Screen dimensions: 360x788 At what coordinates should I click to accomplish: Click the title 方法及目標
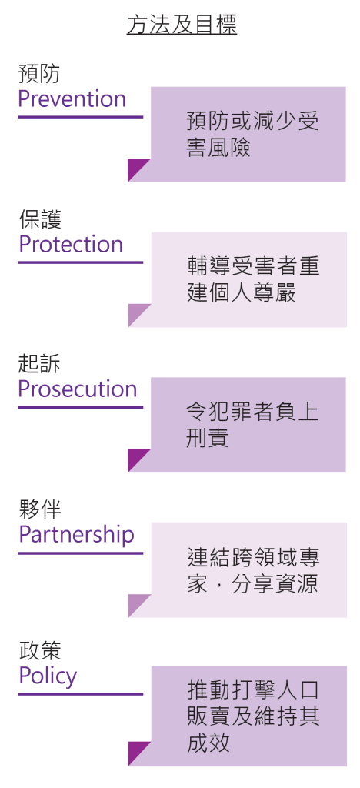[x=182, y=25]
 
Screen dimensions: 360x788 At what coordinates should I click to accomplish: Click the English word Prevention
[x=72, y=99]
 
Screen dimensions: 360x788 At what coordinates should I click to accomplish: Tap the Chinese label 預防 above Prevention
[x=38, y=74]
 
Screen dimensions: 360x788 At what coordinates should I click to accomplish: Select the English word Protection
[x=71, y=244]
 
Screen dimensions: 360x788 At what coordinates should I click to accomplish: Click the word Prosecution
[x=78, y=389]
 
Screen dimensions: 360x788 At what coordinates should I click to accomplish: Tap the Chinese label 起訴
[x=39, y=365]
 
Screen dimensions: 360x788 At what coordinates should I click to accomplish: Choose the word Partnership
[x=76, y=536]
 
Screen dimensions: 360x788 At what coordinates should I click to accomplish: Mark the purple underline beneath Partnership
[x=80, y=553]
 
